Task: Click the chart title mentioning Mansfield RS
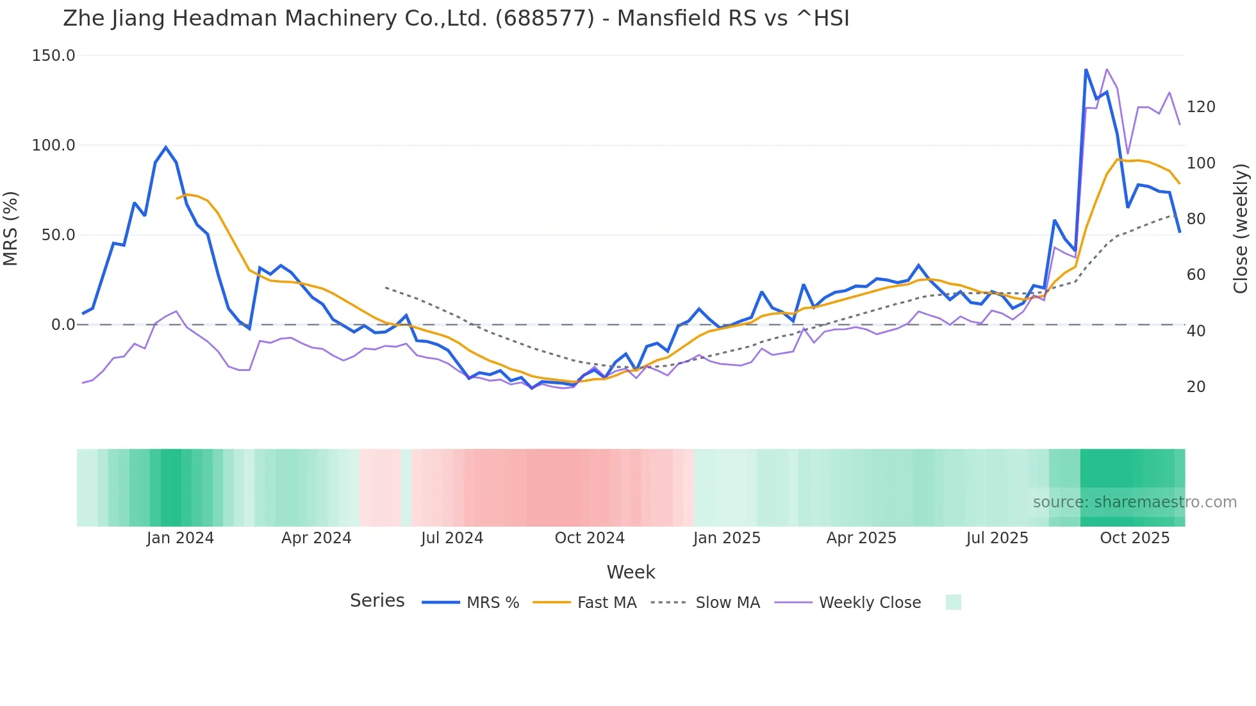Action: coord(456,19)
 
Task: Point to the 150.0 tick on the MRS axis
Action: coord(54,56)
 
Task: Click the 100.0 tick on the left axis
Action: coord(54,145)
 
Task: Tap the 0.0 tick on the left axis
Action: coord(63,325)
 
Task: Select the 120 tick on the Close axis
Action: coord(1200,107)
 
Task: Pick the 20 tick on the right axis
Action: coord(1196,387)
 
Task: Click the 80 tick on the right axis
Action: coord(1196,219)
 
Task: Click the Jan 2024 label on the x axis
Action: coord(180,538)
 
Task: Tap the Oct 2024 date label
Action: coord(590,538)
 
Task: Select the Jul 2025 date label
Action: coord(997,538)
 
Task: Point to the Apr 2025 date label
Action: coord(861,538)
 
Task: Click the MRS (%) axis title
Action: coord(11,228)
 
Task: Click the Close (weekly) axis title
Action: coord(1241,228)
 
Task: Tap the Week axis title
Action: coord(631,572)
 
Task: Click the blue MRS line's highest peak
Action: coord(1086,69)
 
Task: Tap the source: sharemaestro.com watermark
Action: coord(1134,502)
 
